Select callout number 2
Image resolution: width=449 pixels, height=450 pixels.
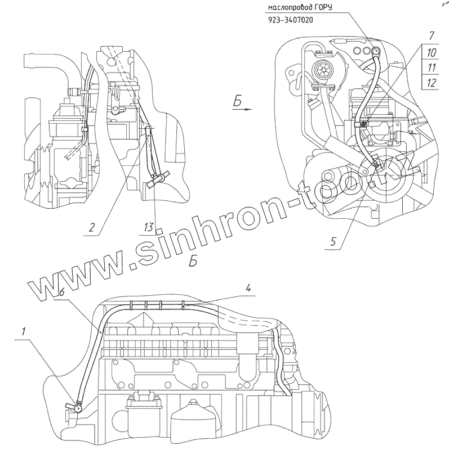pyautogui.click(x=91, y=227)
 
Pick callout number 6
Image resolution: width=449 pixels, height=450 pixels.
pyautogui.click(x=61, y=293)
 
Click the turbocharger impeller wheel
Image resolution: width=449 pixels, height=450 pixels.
pyautogui.click(x=323, y=71)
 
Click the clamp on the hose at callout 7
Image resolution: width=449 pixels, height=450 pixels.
pyautogui.click(x=364, y=124)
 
